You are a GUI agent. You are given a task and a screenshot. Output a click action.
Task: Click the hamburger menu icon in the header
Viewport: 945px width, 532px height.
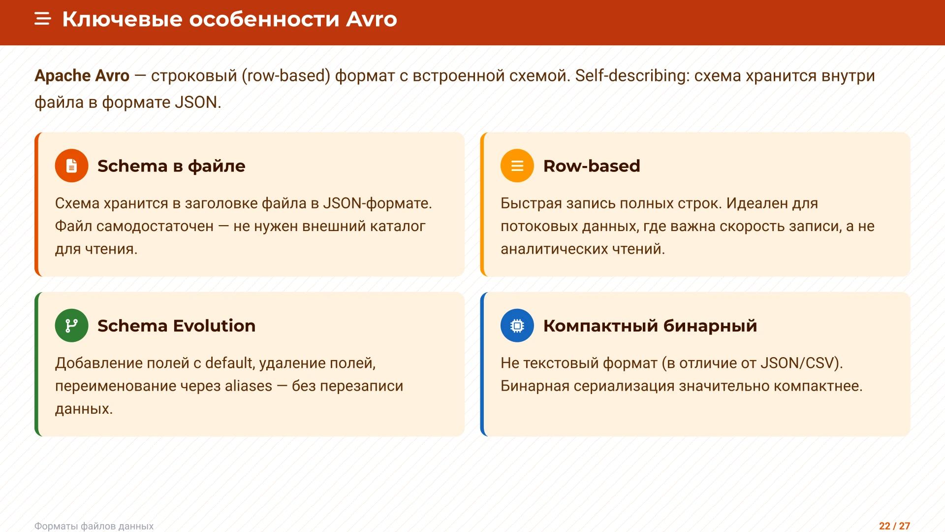(x=43, y=19)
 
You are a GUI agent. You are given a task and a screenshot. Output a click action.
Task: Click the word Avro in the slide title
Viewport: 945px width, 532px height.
(x=371, y=19)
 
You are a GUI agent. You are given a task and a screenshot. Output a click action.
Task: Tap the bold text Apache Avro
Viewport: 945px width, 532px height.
(x=82, y=75)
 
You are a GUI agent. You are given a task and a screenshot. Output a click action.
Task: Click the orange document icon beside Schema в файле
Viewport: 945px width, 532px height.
(x=71, y=166)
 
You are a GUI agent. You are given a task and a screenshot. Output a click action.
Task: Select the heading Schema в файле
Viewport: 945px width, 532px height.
(x=171, y=166)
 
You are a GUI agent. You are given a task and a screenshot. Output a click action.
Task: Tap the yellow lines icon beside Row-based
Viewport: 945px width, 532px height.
(x=517, y=166)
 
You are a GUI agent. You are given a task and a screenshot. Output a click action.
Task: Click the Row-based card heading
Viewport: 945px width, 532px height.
(x=592, y=166)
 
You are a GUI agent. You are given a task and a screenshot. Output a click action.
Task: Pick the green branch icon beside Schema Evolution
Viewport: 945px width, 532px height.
(x=71, y=326)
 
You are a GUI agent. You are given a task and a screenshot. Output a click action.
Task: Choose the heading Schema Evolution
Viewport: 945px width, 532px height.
(x=176, y=326)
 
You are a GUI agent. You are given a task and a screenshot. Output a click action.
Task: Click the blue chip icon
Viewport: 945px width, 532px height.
(x=517, y=326)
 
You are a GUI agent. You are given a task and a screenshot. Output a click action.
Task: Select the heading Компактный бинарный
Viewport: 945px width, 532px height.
(x=650, y=326)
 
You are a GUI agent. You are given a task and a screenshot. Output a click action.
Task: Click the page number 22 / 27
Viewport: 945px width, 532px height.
(x=894, y=526)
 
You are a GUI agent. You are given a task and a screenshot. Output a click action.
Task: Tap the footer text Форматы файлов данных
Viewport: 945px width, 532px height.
(x=94, y=526)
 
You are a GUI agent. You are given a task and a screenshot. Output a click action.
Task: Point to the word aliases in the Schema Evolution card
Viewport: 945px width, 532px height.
(x=248, y=386)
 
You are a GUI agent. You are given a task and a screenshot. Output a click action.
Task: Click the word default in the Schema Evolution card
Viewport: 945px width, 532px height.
(x=229, y=363)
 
